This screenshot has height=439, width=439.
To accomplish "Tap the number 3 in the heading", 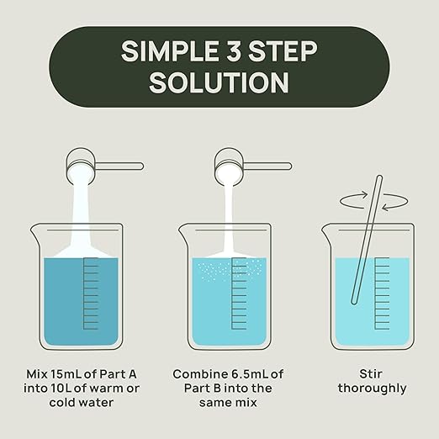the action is point(234,51).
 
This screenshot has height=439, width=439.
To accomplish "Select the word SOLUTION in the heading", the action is point(219,82).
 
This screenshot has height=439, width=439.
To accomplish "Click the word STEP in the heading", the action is point(283,51).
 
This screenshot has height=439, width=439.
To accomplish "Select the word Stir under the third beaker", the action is point(371,374).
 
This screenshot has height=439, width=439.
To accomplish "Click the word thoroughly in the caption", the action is point(372,389).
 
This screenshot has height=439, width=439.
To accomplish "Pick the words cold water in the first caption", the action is point(82,403).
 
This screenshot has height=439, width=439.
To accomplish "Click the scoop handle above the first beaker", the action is point(119,167).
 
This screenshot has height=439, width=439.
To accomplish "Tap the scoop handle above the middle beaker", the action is point(267,167).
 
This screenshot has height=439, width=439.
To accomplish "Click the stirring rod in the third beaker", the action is point(367,240).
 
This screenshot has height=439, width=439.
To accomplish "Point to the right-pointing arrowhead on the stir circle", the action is point(364,194).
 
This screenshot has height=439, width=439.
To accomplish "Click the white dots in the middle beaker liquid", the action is point(229,270).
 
